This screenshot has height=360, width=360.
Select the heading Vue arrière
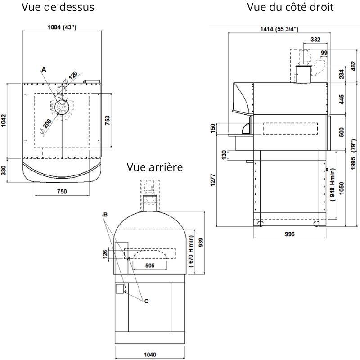click(155, 167)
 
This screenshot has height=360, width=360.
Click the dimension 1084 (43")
click(62, 27)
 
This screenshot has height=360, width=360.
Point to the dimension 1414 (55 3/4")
click(279, 29)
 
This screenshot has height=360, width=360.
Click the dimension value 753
click(108, 121)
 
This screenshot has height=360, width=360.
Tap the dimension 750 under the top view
click(62, 192)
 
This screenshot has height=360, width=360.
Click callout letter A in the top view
click(44, 69)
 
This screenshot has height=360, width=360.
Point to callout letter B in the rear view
click(105, 215)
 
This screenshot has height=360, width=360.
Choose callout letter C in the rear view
click(146, 301)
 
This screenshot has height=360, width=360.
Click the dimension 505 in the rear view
click(150, 265)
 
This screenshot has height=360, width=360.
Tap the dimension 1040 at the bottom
click(150, 354)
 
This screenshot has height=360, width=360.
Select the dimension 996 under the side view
click(289, 234)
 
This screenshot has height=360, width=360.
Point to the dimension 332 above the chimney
click(315, 40)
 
